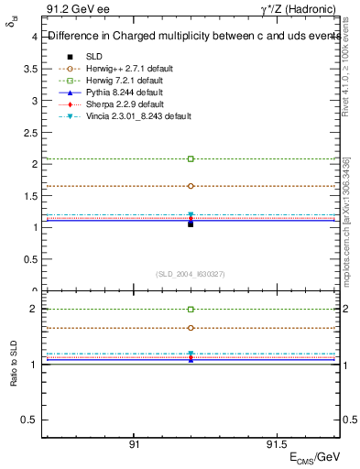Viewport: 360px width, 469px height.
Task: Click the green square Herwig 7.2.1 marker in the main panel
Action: click(x=191, y=158)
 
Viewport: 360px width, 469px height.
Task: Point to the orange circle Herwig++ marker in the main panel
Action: click(x=191, y=186)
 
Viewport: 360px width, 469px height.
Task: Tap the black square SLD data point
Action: click(x=191, y=224)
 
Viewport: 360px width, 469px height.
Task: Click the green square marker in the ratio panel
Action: click(x=191, y=310)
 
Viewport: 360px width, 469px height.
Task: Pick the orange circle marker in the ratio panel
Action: click(x=191, y=328)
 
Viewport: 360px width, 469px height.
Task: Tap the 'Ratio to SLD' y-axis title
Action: click(x=13, y=365)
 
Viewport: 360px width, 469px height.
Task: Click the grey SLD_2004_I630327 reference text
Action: click(x=191, y=274)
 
